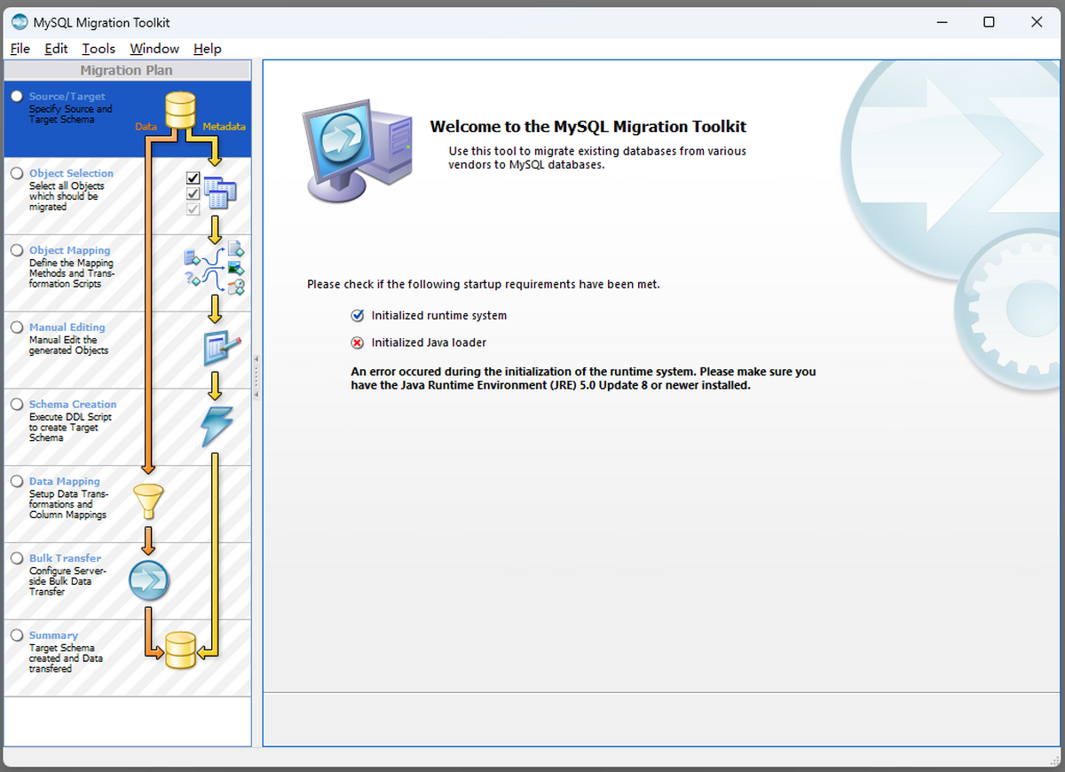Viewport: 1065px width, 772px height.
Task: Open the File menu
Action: [x=20, y=49]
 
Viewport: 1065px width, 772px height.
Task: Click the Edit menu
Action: [x=56, y=49]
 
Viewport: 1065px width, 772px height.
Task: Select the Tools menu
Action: [x=99, y=49]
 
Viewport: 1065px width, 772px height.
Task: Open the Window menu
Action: [x=154, y=49]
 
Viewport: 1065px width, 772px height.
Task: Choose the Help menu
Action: [x=208, y=49]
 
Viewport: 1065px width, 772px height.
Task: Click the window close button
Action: [x=1037, y=22]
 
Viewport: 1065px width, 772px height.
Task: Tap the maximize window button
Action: [x=989, y=22]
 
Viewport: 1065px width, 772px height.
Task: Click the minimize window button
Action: [x=941, y=22]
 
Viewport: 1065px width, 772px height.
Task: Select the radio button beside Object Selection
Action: [x=17, y=174]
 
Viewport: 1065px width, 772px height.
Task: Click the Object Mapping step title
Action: [x=69, y=250]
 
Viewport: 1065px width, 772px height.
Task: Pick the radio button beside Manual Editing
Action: [x=17, y=327]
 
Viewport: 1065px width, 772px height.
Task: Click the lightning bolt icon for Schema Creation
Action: [x=217, y=426]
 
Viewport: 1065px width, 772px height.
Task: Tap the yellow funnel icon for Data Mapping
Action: [x=147, y=500]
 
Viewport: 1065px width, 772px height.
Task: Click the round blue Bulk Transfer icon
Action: [x=148, y=580]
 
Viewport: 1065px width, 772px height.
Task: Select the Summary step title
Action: [x=53, y=635]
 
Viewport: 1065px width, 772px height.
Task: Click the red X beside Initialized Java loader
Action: [x=358, y=343]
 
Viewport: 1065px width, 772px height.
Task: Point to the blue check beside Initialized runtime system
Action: [x=358, y=316]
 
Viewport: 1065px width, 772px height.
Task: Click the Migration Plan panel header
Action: [x=127, y=70]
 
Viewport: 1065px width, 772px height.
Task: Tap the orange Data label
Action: [x=146, y=127]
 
